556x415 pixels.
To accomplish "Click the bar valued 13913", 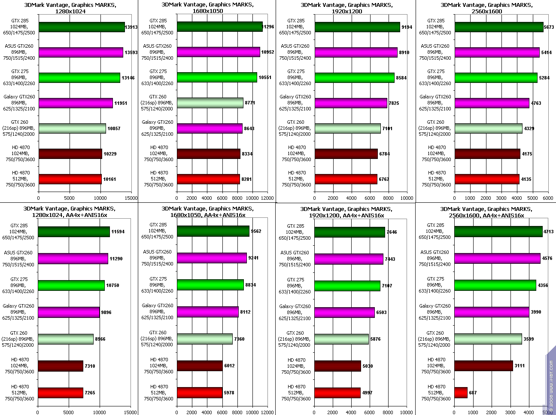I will pos(81,27).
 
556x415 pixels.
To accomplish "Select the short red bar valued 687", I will pos(461,392).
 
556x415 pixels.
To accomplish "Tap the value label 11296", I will pos(268,27).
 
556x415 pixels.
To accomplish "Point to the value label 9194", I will pos(407,27).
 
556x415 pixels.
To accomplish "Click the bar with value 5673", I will pos(498,27).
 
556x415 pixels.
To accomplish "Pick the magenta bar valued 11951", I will pos(75,103).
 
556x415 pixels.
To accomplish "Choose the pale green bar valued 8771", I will pos(210,103).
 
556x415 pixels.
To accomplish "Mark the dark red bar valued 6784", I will pos(346,154).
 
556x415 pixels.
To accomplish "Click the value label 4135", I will pos(526,179).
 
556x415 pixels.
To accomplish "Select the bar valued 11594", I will pos(73,232).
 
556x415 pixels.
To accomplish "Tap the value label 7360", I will pos(239,339).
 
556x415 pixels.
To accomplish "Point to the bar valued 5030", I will pos(337,366).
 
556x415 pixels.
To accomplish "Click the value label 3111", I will pos(520,366).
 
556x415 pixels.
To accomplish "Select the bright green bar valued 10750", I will pos(71,285).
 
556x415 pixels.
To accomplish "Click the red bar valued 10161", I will pos(70,179).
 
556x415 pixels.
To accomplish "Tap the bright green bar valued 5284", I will pos(495,78).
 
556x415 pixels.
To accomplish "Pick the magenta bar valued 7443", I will pos(348,259).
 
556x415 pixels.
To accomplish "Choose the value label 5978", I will pos(229,392).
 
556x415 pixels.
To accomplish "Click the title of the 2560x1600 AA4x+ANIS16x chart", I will pos(486,212).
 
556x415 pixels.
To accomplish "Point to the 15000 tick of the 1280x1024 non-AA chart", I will pos(131,198).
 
